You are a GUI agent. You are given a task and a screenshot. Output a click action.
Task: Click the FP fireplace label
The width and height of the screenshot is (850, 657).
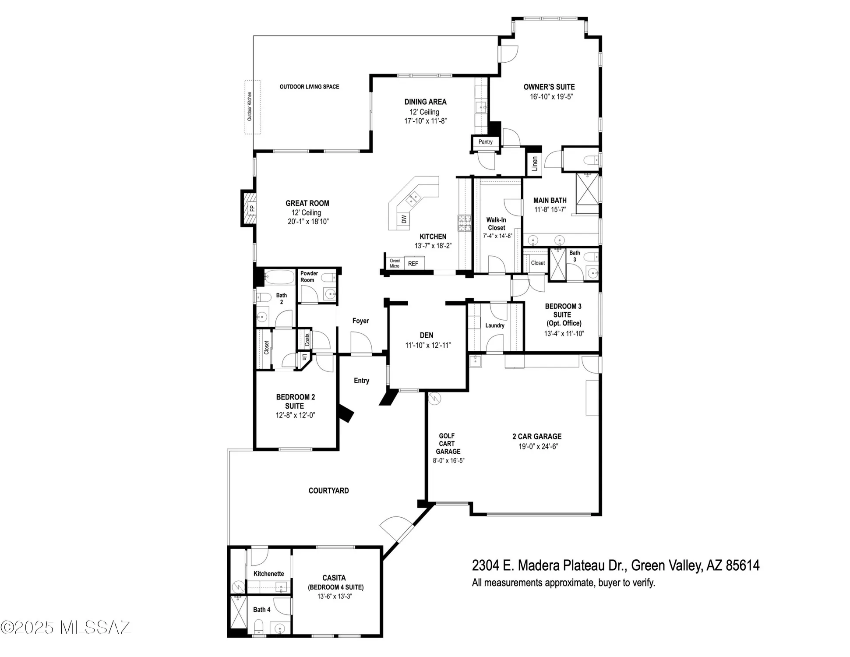coord(252,208)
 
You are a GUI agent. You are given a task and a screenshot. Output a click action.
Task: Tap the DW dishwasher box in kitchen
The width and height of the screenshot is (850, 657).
coord(404,219)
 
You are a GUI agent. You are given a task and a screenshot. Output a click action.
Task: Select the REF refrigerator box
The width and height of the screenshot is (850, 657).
coord(413,263)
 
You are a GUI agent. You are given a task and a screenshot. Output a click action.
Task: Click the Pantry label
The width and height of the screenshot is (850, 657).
coord(485,141)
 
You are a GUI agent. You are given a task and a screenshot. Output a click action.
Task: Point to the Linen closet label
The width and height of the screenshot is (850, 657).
coord(534,164)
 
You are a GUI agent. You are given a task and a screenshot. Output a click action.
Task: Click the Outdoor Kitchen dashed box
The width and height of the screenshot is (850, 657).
coord(252,107)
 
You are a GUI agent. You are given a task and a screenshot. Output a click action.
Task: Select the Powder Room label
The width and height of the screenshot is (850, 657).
coord(309,276)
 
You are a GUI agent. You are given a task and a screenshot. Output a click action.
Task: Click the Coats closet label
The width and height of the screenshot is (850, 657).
coord(307,340)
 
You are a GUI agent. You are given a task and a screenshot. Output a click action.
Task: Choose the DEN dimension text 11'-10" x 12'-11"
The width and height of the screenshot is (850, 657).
coord(427,345)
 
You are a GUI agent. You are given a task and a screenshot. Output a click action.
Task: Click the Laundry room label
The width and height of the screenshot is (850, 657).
coord(495,325)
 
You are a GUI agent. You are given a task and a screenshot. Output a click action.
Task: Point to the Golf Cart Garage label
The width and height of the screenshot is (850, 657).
coord(447,443)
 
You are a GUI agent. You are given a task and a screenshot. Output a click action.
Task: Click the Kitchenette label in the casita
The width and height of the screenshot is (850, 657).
coord(268,573)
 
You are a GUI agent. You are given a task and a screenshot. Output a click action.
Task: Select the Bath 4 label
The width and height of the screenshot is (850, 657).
coord(261,609)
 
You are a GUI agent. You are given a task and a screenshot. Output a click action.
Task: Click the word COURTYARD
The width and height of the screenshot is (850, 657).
coord(328,491)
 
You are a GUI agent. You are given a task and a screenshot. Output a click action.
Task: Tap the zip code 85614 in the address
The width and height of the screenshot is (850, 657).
coord(742,565)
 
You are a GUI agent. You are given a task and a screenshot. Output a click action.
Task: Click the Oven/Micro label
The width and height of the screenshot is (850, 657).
coord(395,263)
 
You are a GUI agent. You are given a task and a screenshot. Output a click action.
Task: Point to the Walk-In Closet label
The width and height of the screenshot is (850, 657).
coord(496,224)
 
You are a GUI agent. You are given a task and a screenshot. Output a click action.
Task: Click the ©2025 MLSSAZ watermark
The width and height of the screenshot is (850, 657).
coord(66,627)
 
